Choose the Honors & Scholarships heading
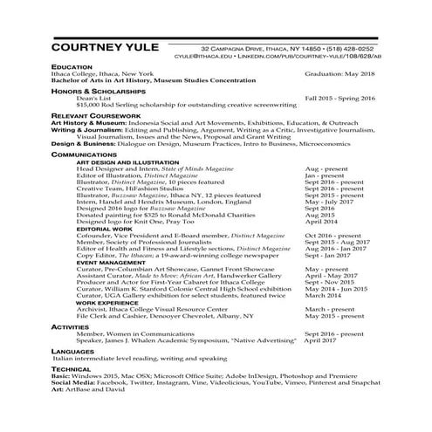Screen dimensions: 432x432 98,91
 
